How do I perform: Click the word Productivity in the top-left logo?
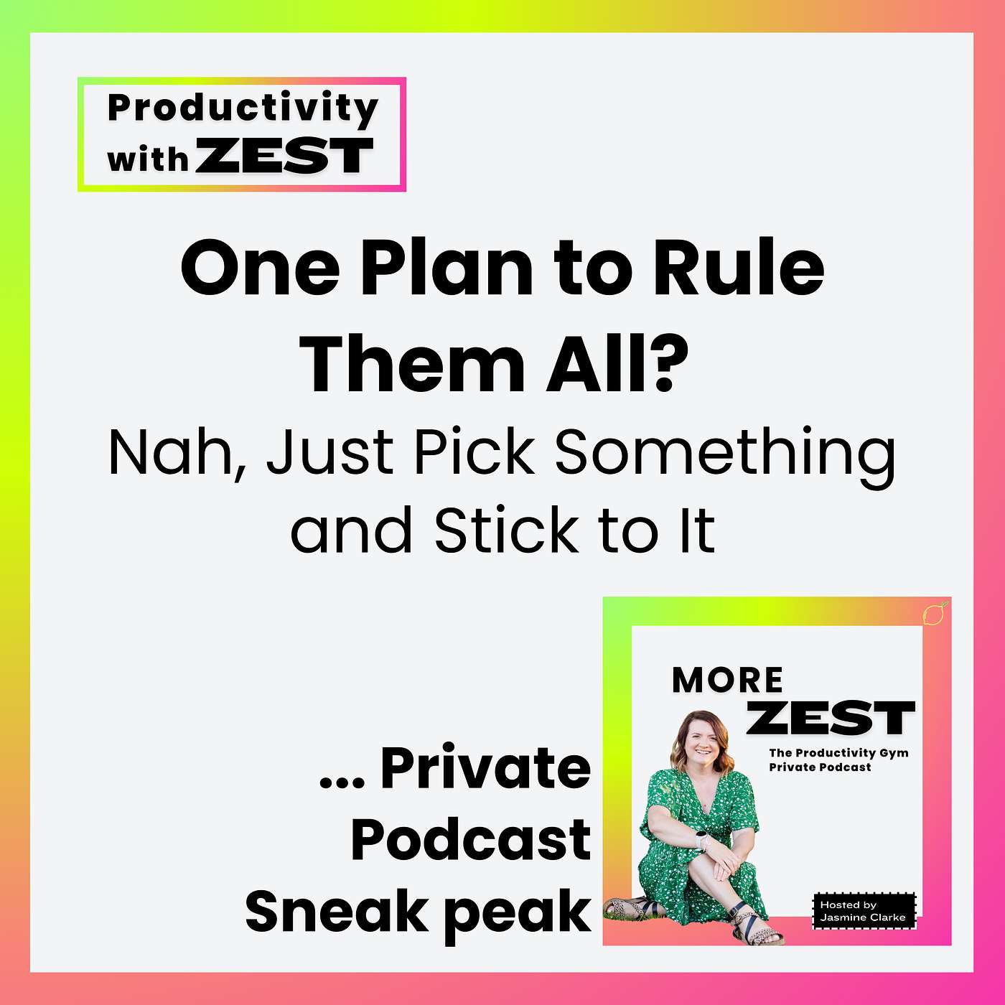point(243,109)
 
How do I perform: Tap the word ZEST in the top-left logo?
point(284,156)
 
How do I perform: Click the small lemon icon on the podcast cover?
point(934,614)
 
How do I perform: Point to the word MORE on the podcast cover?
point(727,680)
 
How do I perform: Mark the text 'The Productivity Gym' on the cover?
point(838,753)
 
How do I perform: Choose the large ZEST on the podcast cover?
point(830,718)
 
